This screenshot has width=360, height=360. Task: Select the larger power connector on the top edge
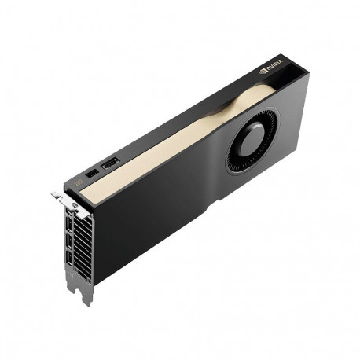(110, 163)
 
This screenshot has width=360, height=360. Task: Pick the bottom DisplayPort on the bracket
(70, 259)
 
